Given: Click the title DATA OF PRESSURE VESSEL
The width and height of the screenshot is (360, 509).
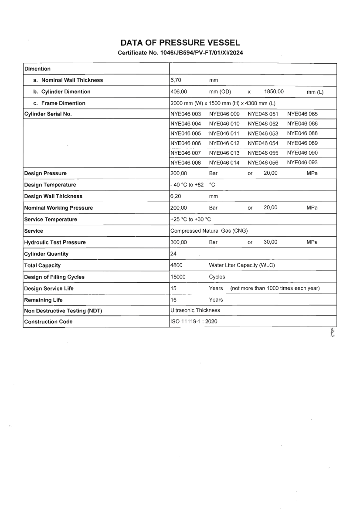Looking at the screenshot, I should point(180,43).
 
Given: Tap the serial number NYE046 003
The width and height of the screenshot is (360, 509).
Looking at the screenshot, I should point(186,114).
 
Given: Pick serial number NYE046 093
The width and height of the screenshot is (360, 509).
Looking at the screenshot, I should point(302,163).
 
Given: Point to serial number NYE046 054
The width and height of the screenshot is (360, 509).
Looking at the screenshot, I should point(263,143).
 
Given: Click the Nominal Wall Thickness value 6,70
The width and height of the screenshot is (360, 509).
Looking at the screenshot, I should point(177,80).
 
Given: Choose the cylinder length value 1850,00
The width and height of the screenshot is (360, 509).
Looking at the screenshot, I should point(274,92).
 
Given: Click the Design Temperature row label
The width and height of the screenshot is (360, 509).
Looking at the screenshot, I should point(50,185).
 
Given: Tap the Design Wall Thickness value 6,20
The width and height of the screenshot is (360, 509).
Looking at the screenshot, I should point(177,196).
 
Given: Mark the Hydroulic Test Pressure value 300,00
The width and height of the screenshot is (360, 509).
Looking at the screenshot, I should point(179,242).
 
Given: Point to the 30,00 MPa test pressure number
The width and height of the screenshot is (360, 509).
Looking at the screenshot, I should point(271,242).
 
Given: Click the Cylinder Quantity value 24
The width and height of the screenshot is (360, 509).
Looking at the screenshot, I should point(173,254).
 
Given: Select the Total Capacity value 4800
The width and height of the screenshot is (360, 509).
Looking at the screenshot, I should point(177,265).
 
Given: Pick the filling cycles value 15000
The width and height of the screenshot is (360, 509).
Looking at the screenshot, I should point(178,277).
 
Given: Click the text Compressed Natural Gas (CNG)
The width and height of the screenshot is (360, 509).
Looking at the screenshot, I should point(209,231).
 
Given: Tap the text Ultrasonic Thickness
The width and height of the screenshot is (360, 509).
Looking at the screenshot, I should point(195,310).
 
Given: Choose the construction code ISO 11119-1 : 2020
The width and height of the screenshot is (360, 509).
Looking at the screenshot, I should point(194,322).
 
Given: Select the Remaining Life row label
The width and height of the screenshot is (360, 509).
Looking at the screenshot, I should point(44,300).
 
